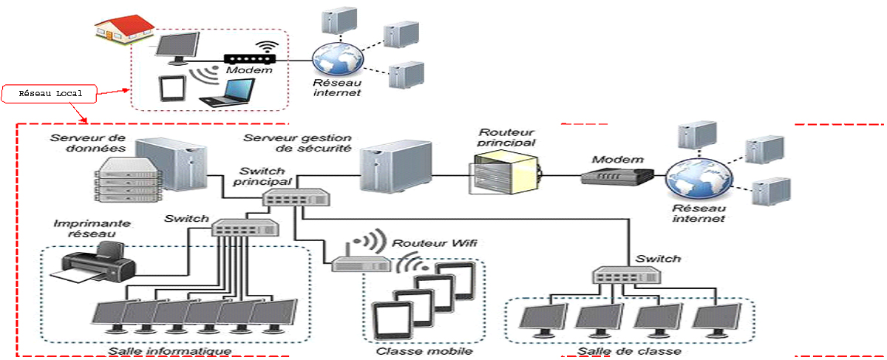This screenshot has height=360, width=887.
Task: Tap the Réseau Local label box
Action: coord(50,94)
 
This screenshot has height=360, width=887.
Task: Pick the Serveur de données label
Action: coord(81,143)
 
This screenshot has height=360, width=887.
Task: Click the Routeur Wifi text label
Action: coord(432,242)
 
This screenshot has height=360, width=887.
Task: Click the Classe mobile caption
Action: coord(424,352)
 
